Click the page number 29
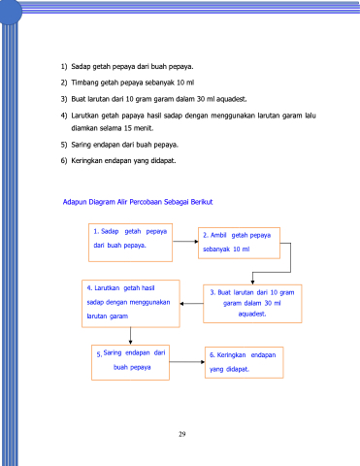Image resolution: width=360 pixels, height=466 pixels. point(182,434)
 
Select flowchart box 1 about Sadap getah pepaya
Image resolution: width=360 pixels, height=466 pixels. point(130,243)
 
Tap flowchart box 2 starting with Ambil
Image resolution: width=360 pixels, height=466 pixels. point(239,243)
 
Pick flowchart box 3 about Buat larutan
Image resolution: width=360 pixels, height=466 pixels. point(252,304)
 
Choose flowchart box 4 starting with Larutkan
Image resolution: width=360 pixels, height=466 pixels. point(131,304)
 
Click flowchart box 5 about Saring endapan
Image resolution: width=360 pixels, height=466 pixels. point(130,362)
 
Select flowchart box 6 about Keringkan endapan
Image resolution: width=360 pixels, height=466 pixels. point(245,362)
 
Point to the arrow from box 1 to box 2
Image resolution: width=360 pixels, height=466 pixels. point(185,242)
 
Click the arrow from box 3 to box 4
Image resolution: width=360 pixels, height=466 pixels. point(191,304)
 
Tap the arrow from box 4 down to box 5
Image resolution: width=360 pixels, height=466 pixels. point(130,336)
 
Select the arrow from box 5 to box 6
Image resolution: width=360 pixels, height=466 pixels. point(187,362)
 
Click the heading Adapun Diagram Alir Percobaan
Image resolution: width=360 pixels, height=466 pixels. point(138,202)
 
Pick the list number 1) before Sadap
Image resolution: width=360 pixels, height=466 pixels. point(64,67)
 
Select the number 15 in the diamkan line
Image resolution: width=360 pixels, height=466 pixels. point(128,128)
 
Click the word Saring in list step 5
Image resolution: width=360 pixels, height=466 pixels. point(81,145)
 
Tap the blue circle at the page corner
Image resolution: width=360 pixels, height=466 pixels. point(10,12)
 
